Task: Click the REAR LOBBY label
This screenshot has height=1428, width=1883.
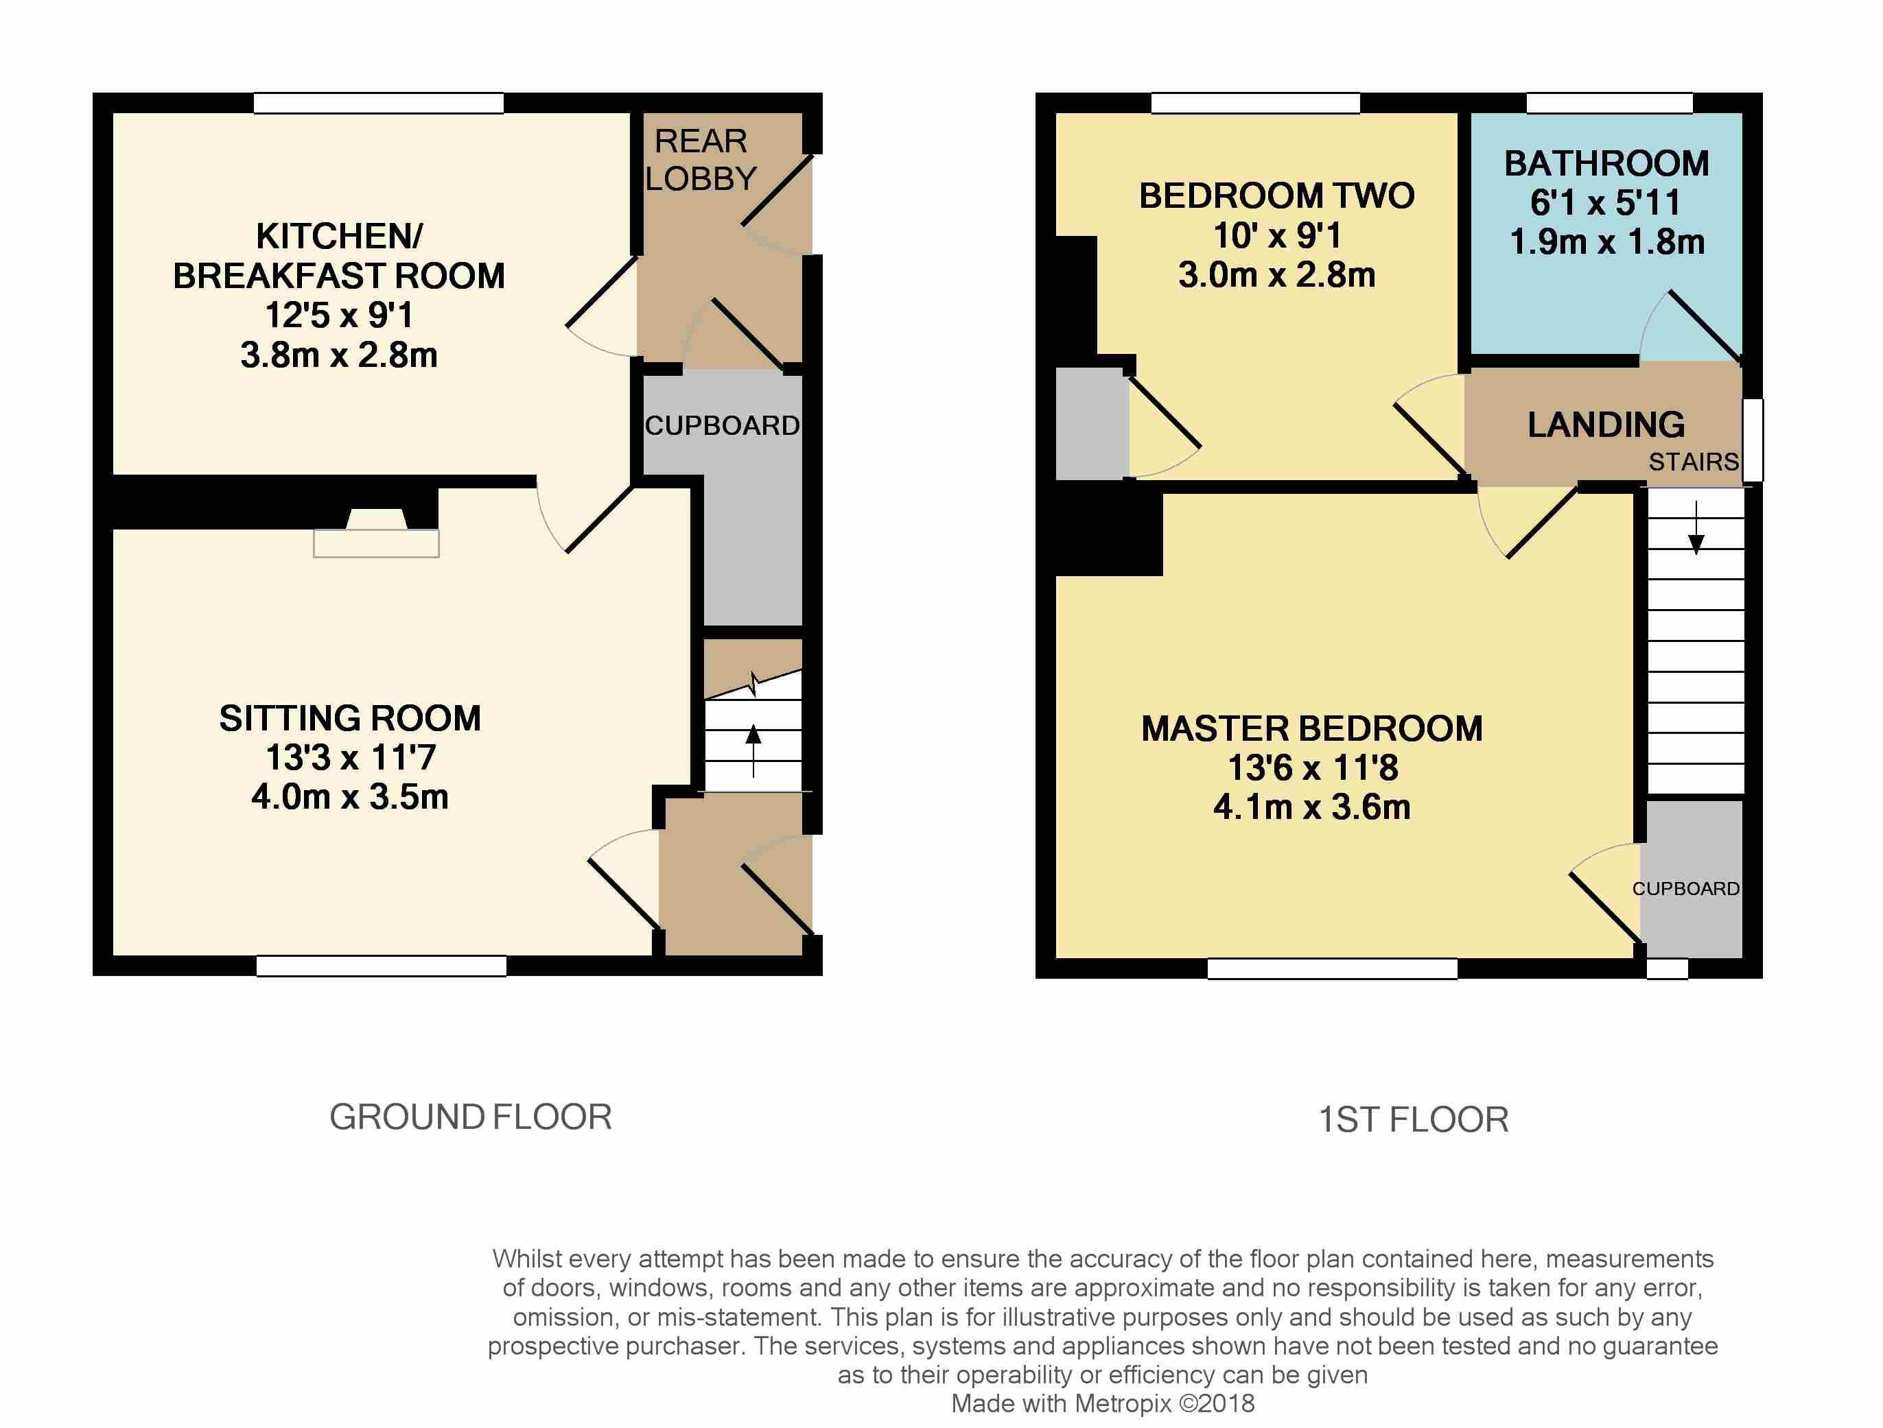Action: pyautogui.click(x=700, y=159)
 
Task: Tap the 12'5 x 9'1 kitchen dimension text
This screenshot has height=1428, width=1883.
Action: pyautogui.click(x=339, y=315)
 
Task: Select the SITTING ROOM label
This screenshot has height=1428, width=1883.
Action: pyautogui.click(x=350, y=718)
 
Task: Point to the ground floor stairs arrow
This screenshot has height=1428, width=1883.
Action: pyautogui.click(x=753, y=749)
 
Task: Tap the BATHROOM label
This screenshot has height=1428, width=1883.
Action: pyautogui.click(x=1606, y=163)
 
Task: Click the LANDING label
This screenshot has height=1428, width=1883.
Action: pyautogui.click(x=1606, y=425)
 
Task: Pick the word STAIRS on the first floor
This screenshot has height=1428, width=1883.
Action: pyautogui.click(x=1693, y=462)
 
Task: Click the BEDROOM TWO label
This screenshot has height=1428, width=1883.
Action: pyautogui.click(x=1276, y=195)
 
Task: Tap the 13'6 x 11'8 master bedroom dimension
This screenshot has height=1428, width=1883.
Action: pyautogui.click(x=1312, y=767)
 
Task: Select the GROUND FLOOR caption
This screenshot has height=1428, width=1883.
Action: pyautogui.click(x=471, y=1117)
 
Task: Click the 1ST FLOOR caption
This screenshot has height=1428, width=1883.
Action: pyautogui.click(x=1413, y=1119)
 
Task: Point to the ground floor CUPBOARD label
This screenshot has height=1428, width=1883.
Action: pyautogui.click(x=722, y=425)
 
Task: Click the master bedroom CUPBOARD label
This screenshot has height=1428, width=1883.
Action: pyautogui.click(x=1685, y=888)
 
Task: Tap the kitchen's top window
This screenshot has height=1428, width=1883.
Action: pyautogui.click(x=378, y=103)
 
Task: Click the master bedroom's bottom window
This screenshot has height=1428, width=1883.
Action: pyautogui.click(x=1332, y=968)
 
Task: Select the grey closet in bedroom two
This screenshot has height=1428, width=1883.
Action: pyautogui.click(x=1091, y=423)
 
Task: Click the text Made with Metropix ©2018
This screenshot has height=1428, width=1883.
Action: pyautogui.click(x=1102, y=1403)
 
